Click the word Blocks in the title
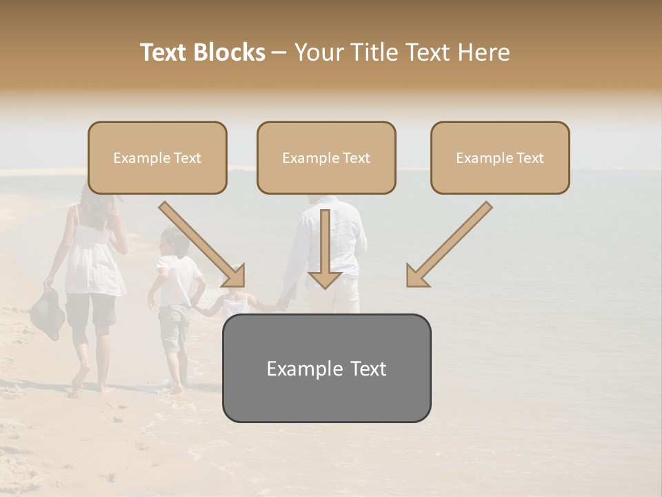pyautogui.click(x=230, y=52)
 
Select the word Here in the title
pyautogui.click(x=483, y=52)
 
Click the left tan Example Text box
pyautogui.click(x=157, y=158)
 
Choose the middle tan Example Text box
pyautogui.click(x=326, y=158)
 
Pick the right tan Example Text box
pyautogui.click(x=500, y=158)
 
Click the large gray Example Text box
pyautogui.click(x=326, y=368)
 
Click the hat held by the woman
pyautogui.click(x=47, y=313)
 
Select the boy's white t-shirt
pyautogui.click(x=178, y=280)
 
